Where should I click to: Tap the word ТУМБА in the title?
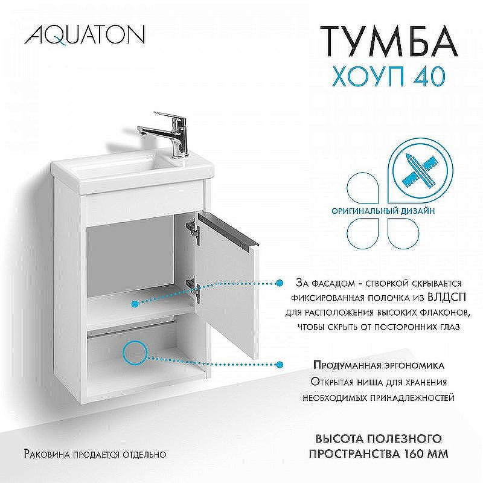388,40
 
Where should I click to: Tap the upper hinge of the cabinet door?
193,229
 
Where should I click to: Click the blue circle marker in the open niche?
135,353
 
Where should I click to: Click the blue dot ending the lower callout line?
280,365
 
